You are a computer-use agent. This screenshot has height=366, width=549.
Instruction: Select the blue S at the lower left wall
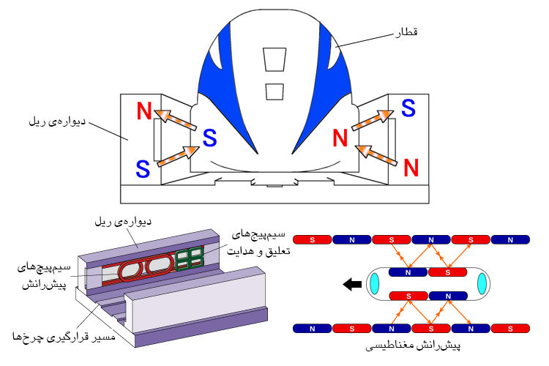click(143, 168)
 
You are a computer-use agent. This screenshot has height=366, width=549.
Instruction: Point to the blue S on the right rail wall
click(408, 108)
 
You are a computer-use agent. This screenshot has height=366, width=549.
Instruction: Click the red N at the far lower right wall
click(411, 167)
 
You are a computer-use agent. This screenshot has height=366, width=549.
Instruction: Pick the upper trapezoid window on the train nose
click(274, 59)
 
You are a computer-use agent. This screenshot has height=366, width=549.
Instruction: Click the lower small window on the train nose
click(274, 91)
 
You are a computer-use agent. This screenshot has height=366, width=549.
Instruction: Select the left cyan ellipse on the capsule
click(374, 283)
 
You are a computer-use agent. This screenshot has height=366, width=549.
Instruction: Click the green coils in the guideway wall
click(189, 258)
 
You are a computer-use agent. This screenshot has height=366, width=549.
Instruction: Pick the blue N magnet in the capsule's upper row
click(408, 272)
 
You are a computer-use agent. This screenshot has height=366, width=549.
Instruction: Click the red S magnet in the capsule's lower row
click(408, 296)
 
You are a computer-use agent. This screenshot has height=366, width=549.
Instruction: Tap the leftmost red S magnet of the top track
click(313, 239)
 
